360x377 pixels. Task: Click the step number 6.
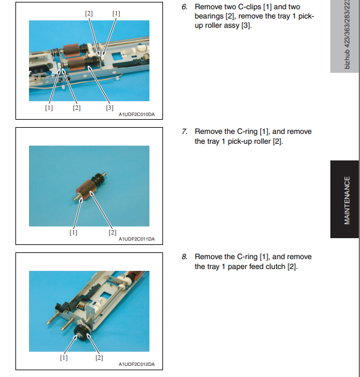click(x=185, y=7)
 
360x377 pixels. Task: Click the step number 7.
click(x=185, y=131)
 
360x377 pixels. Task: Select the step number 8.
click(x=185, y=257)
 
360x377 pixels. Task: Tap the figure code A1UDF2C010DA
click(x=136, y=114)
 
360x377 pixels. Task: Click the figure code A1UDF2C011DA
click(x=136, y=239)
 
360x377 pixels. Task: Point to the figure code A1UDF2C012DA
click(x=136, y=364)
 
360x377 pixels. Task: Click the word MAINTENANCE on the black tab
click(x=347, y=201)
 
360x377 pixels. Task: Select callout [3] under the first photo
click(x=109, y=108)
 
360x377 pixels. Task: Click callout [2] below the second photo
click(x=112, y=233)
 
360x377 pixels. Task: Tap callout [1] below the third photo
click(x=64, y=358)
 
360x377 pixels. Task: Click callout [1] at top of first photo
click(x=116, y=14)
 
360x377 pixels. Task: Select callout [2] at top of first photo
click(x=89, y=14)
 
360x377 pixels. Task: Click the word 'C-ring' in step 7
click(x=247, y=132)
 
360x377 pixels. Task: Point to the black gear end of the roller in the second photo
click(x=98, y=180)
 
